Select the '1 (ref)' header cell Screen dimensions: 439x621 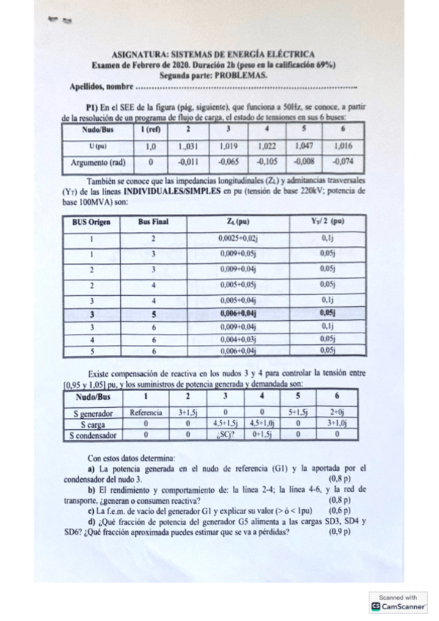point(150,129)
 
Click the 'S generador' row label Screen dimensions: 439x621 point(92,413)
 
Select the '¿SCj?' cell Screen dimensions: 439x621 point(221,435)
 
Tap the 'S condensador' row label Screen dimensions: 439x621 point(92,435)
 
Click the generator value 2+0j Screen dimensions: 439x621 point(337,413)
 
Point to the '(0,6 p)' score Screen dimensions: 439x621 point(340,510)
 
